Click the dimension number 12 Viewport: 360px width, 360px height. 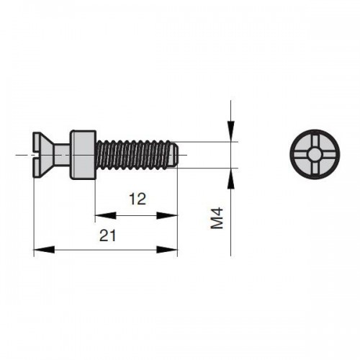tap(138, 199)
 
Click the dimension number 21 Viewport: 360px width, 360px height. tap(108, 235)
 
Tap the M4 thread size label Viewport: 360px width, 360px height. tap(217, 218)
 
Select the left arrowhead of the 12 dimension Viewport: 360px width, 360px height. tap(106, 215)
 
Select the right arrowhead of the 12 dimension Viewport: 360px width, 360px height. tap(167, 215)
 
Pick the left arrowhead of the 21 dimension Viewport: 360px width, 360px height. tap(44, 250)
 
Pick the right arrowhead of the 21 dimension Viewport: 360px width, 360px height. tap(167, 250)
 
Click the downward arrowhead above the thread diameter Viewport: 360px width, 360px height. tap(231, 132)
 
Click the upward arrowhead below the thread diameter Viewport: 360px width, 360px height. tap(231, 179)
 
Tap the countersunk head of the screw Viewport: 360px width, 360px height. tap(42, 155)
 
